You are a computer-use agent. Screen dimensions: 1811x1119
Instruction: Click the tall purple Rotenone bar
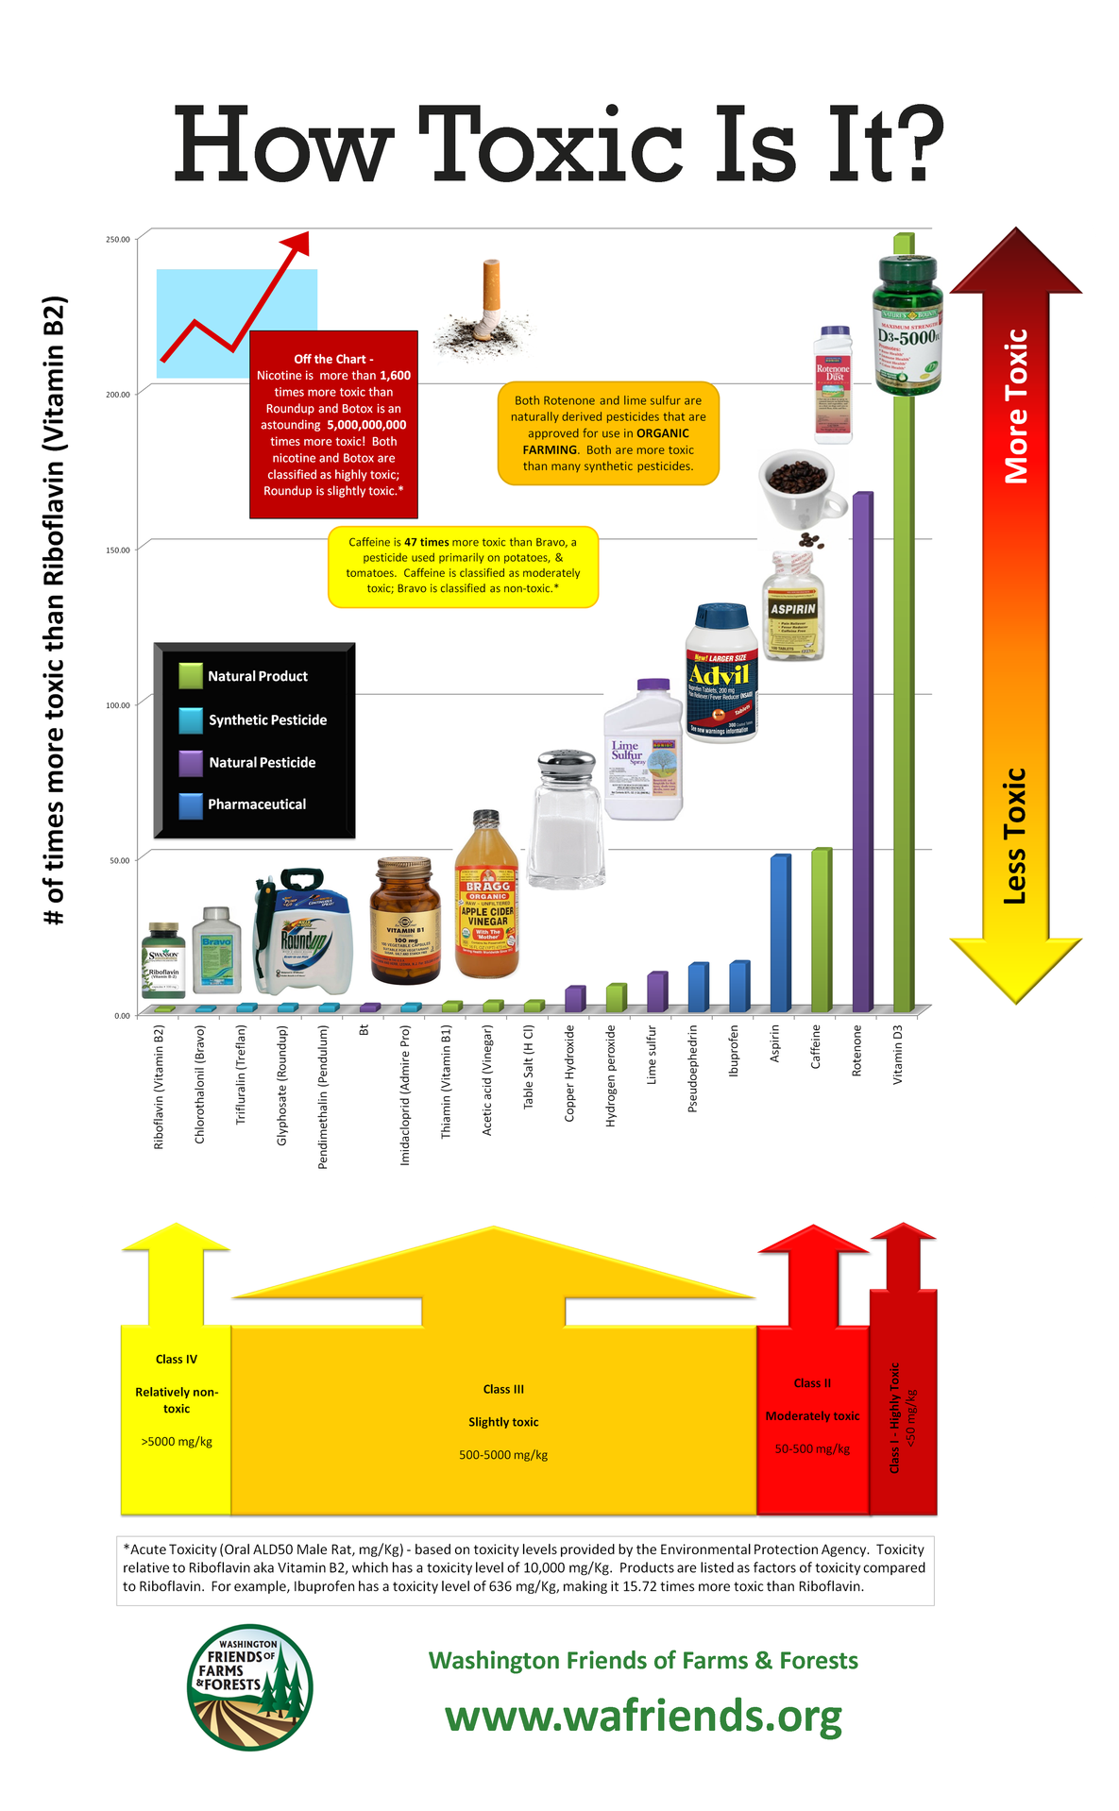click(x=861, y=755)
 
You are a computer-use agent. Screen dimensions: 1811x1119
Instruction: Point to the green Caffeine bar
click(x=821, y=930)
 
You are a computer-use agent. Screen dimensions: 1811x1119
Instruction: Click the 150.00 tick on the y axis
click(x=118, y=550)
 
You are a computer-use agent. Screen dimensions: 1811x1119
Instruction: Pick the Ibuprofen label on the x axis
click(x=734, y=1050)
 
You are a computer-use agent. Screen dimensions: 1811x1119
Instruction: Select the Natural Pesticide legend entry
click(x=262, y=762)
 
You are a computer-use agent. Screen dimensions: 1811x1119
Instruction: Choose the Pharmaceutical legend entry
click(x=257, y=804)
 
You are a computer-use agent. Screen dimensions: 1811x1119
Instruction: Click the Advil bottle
click(x=721, y=673)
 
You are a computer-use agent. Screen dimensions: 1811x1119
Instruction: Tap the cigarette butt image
click(x=485, y=311)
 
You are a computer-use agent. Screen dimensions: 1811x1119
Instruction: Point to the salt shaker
click(x=566, y=820)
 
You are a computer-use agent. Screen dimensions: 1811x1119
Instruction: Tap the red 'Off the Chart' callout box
click(x=333, y=424)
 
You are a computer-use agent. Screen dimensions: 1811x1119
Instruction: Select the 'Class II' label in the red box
click(x=812, y=1383)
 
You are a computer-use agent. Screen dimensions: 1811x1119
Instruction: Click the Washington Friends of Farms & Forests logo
click(x=249, y=1686)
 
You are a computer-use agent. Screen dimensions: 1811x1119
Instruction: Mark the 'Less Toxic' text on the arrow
click(x=1015, y=836)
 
